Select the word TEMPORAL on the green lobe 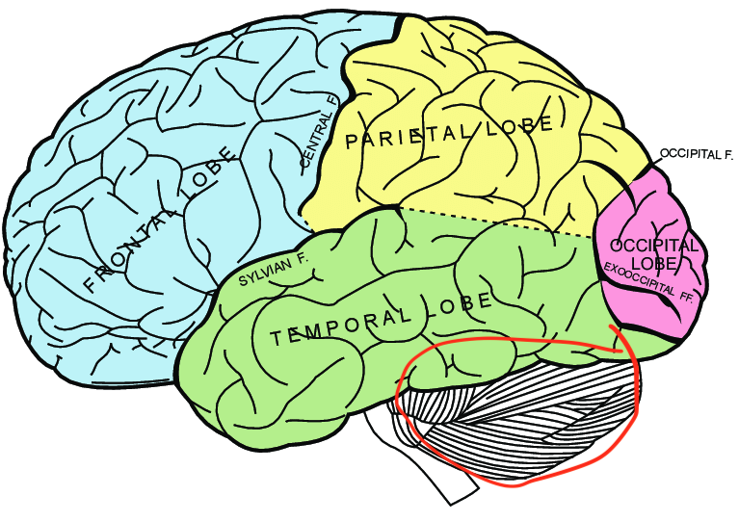pos(335,326)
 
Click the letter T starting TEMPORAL pos(277,339)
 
